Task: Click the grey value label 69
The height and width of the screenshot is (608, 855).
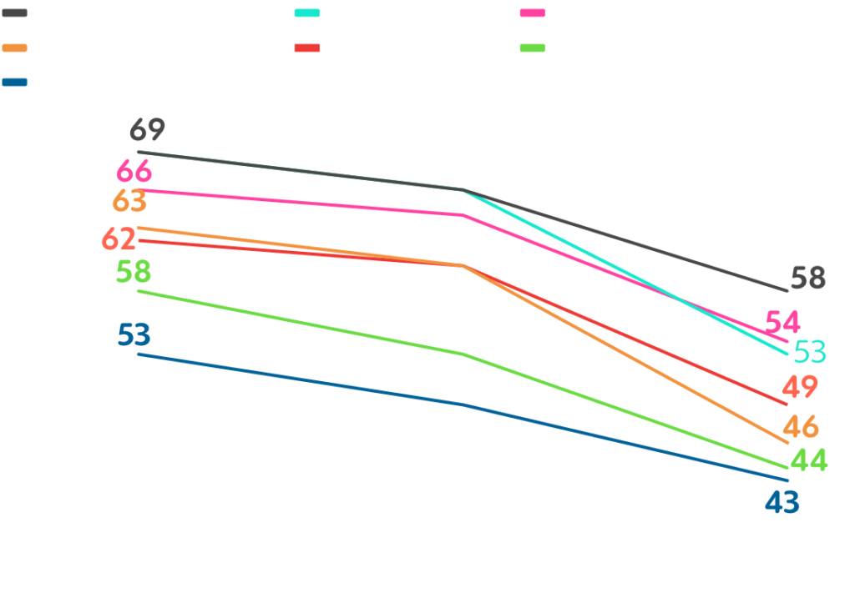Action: (147, 131)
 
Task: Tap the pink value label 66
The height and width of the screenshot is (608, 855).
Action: (134, 173)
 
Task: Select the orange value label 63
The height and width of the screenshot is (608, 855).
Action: (130, 202)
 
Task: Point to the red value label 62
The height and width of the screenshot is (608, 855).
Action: (119, 239)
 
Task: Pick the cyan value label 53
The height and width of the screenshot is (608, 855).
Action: (810, 352)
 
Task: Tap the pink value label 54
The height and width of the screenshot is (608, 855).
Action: (783, 322)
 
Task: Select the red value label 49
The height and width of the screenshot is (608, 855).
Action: (800, 388)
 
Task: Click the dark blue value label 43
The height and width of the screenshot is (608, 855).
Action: (782, 502)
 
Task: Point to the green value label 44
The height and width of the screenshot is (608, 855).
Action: (808, 460)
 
